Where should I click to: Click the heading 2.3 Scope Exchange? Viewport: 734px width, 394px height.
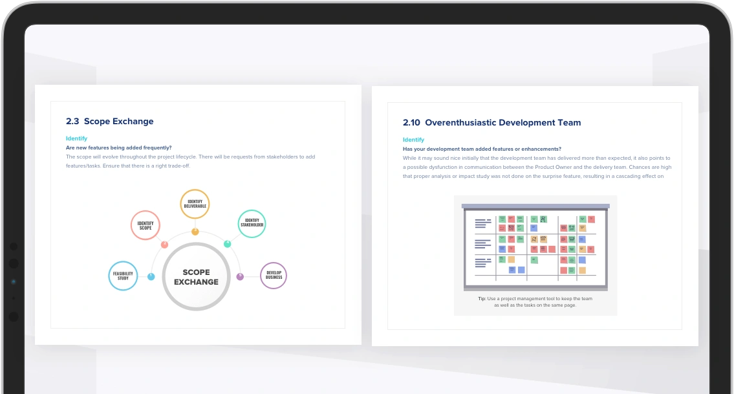pyautogui.click(x=109, y=122)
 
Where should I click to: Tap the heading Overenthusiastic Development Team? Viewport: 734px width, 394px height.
pyautogui.click(x=502, y=123)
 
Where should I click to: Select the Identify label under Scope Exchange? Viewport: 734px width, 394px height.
pyautogui.click(x=76, y=138)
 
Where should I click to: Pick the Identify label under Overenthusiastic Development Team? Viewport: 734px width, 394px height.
pyautogui.click(x=413, y=140)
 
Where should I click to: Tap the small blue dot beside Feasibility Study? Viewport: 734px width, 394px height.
pyautogui.click(x=151, y=277)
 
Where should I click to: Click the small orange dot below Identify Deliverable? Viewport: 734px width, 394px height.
pyautogui.click(x=195, y=232)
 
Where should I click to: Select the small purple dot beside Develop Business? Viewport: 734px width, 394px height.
pyautogui.click(x=240, y=276)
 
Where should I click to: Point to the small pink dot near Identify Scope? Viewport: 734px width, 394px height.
pyautogui.click(x=164, y=245)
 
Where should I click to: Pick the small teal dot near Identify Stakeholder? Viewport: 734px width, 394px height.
pyautogui.click(x=228, y=244)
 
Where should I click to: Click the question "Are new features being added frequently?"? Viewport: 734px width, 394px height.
pyautogui.click(x=119, y=148)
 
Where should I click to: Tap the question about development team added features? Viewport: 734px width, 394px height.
pyautogui.click(x=482, y=149)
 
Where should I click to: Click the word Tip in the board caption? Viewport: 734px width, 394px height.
pyautogui.click(x=482, y=298)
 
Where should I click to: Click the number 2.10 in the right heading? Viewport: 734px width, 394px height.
pyautogui.click(x=411, y=123)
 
